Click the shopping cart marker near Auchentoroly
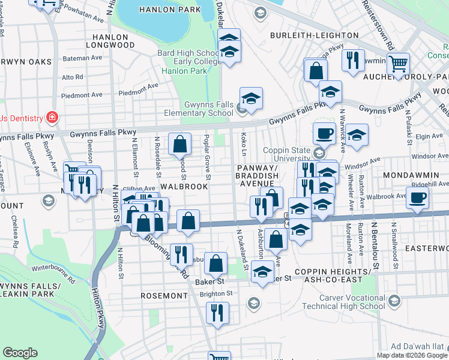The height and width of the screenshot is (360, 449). click(x=398, y=63)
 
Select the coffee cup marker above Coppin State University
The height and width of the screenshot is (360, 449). click(x=324, y=133)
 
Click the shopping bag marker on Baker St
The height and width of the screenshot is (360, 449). click(x=215, y=262)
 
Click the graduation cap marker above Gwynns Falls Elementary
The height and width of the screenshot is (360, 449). click(x=251, y=98)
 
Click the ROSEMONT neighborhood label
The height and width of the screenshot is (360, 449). click(x=164, y=296)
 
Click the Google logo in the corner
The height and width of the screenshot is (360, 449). click(x=20, y=353)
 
